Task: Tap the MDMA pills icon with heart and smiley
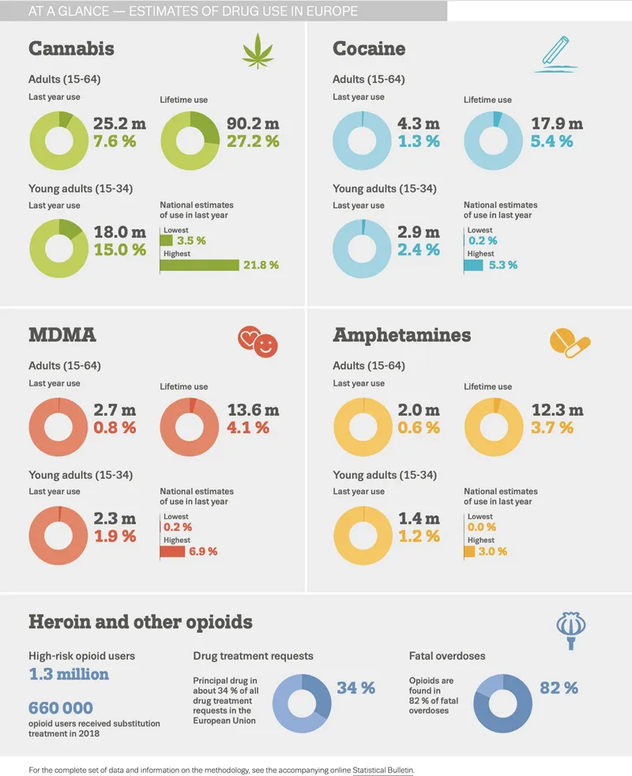[258, 341]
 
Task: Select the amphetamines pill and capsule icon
[570, 341]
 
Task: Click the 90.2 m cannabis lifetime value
[253, 124]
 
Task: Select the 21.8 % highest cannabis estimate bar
[199, 266]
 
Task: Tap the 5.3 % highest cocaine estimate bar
[472, 266]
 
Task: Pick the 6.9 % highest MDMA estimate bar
[173, 552]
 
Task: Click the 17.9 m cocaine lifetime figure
[557, 124]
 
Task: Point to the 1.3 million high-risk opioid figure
[69, 675]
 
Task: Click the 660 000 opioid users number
[61, 708]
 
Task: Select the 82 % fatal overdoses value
[559, 688]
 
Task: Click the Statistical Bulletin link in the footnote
[382, 769]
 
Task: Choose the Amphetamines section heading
[401, 335]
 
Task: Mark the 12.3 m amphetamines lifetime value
[557, 411]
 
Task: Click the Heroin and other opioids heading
[140, 622]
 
